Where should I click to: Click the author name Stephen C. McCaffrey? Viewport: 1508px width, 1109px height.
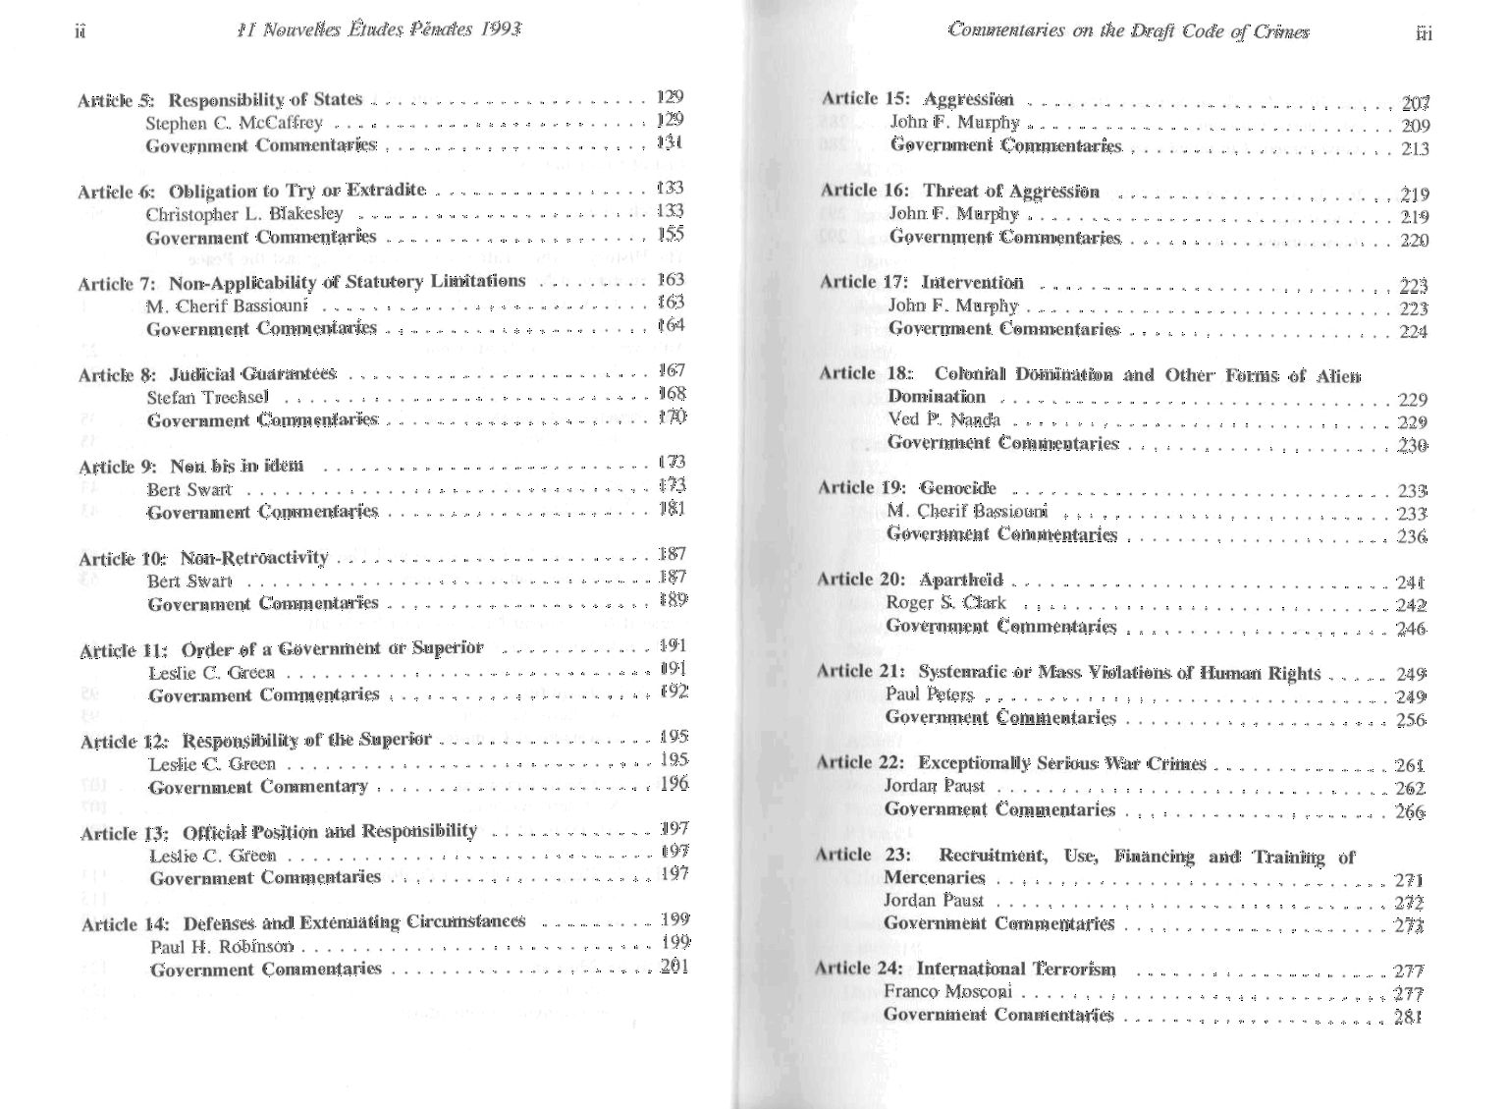point(234,123)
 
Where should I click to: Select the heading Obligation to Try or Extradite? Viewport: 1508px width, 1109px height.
point(296,190)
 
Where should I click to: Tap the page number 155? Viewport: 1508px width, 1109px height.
point(672,234)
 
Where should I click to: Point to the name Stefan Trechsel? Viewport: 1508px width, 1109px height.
point(207,397)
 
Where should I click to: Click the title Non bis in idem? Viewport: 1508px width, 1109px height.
point(237,465)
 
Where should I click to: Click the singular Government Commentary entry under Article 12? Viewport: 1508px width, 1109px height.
point(259,786)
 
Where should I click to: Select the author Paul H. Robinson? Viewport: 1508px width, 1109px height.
point(222,946)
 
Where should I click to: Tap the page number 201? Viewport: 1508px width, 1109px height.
point(674,966)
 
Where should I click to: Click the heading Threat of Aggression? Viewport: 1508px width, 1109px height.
point(1011,191)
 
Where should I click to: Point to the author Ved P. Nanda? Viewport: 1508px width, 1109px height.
point(943,419)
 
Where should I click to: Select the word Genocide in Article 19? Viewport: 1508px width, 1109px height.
point(957,487)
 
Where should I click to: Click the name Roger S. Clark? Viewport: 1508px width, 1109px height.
point(945,602)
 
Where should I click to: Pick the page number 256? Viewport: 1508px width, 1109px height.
point(1411,720)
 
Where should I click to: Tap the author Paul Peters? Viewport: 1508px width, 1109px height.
point(929,694)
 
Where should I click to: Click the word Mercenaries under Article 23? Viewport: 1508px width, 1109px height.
point(934,877)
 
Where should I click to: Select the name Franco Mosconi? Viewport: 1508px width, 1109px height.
point(947,991)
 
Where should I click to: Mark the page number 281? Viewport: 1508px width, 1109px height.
point(1408,1017)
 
